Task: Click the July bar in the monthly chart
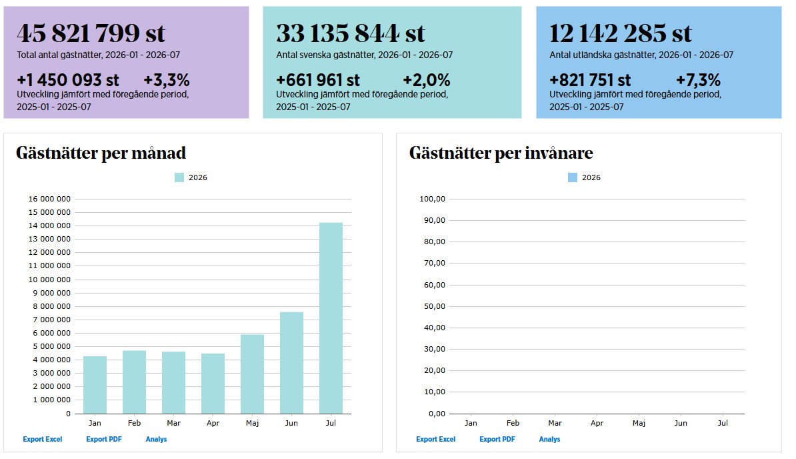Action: tap(331, 318)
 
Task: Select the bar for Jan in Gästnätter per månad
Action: tap(95, 385)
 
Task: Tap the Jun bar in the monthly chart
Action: tap(291, 362)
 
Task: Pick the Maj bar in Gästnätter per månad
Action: tap(252, 374)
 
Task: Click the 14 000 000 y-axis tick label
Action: tap(49, 225)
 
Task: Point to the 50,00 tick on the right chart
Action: tap(435, 306)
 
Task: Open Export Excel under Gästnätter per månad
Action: tap(43, 439)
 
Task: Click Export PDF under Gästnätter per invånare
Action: tap(497, 439)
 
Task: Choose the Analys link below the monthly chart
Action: tap(157, 439)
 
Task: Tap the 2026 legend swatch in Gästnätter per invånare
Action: tap(573, 177)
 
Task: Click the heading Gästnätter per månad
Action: tap(101, 153)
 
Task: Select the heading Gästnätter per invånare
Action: tap(501, 153)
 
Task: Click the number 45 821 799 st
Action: tap(91, 33)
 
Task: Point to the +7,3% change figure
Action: tap(698, 79)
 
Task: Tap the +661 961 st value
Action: tap(318, 79)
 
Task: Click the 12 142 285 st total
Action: tap(621, 33)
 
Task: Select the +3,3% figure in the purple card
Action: tap(167, 79)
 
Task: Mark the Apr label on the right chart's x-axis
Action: tap(597, 423)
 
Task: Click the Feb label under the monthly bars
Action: tap(134, 423)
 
